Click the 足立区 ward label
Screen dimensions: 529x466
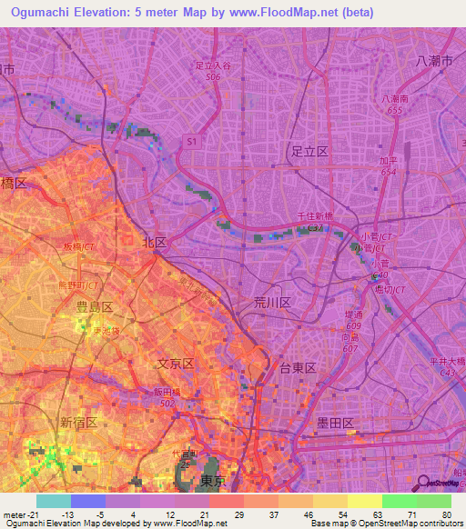(309, 152)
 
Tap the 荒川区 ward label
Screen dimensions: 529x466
(271, 302)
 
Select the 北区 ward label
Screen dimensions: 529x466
(155, 243)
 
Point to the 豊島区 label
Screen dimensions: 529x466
(94, 307)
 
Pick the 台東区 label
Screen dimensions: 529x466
(297, 368)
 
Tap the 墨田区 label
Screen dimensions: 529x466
(335, 423)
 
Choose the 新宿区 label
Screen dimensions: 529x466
(78, 423)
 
